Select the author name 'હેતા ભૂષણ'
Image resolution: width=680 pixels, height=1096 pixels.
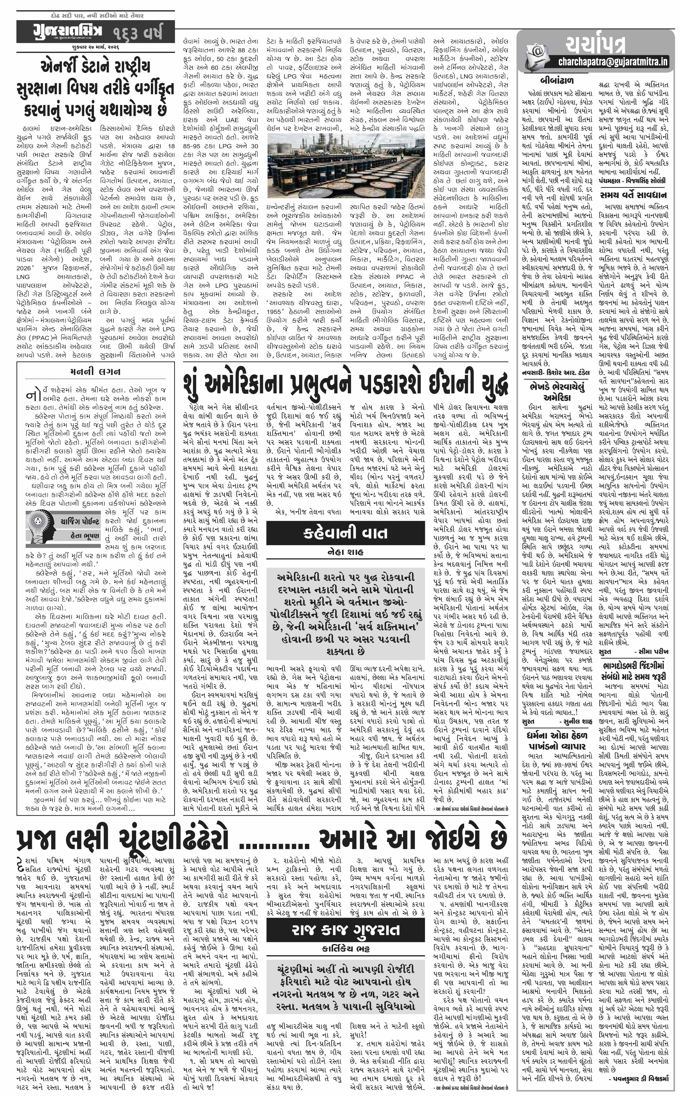[85, 536]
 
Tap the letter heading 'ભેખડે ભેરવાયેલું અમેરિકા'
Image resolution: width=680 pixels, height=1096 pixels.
[556, 392]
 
